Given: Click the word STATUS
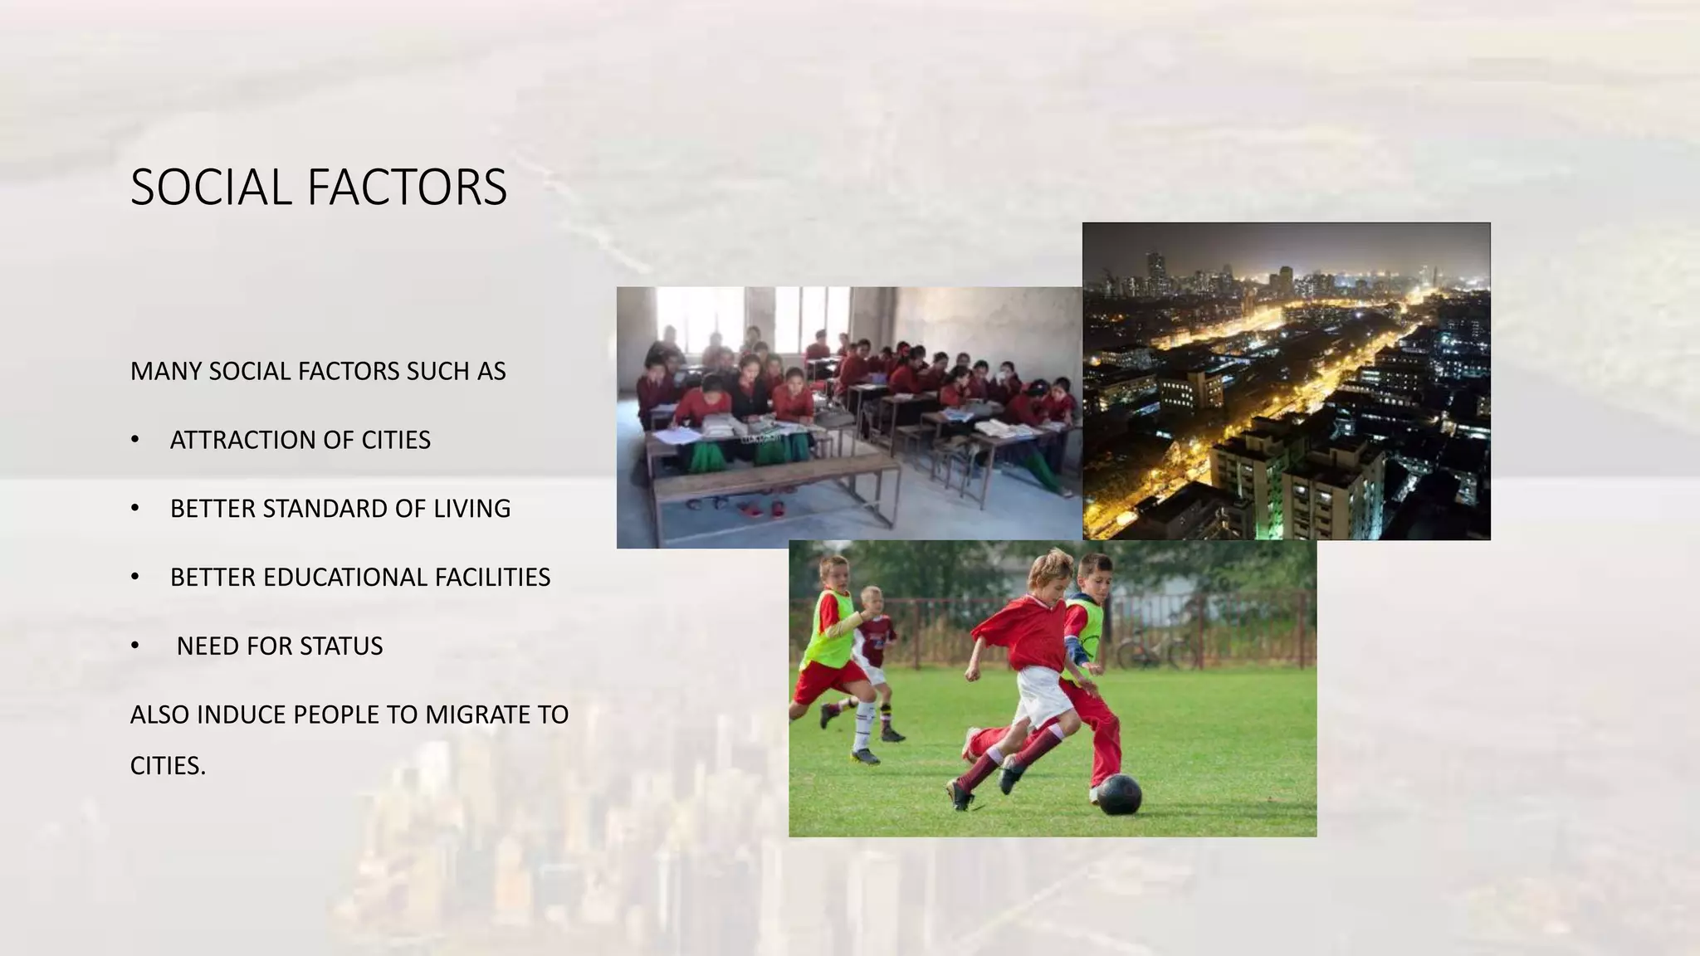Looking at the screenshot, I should point(341,646).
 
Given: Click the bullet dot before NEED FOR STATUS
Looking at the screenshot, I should point(135,646).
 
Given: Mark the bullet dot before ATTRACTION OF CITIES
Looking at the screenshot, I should point(135,440).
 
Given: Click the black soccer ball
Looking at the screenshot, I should point(1120,794).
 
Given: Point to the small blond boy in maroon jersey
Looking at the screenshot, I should point(874,631).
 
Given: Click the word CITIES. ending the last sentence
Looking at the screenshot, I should point(168,766).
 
